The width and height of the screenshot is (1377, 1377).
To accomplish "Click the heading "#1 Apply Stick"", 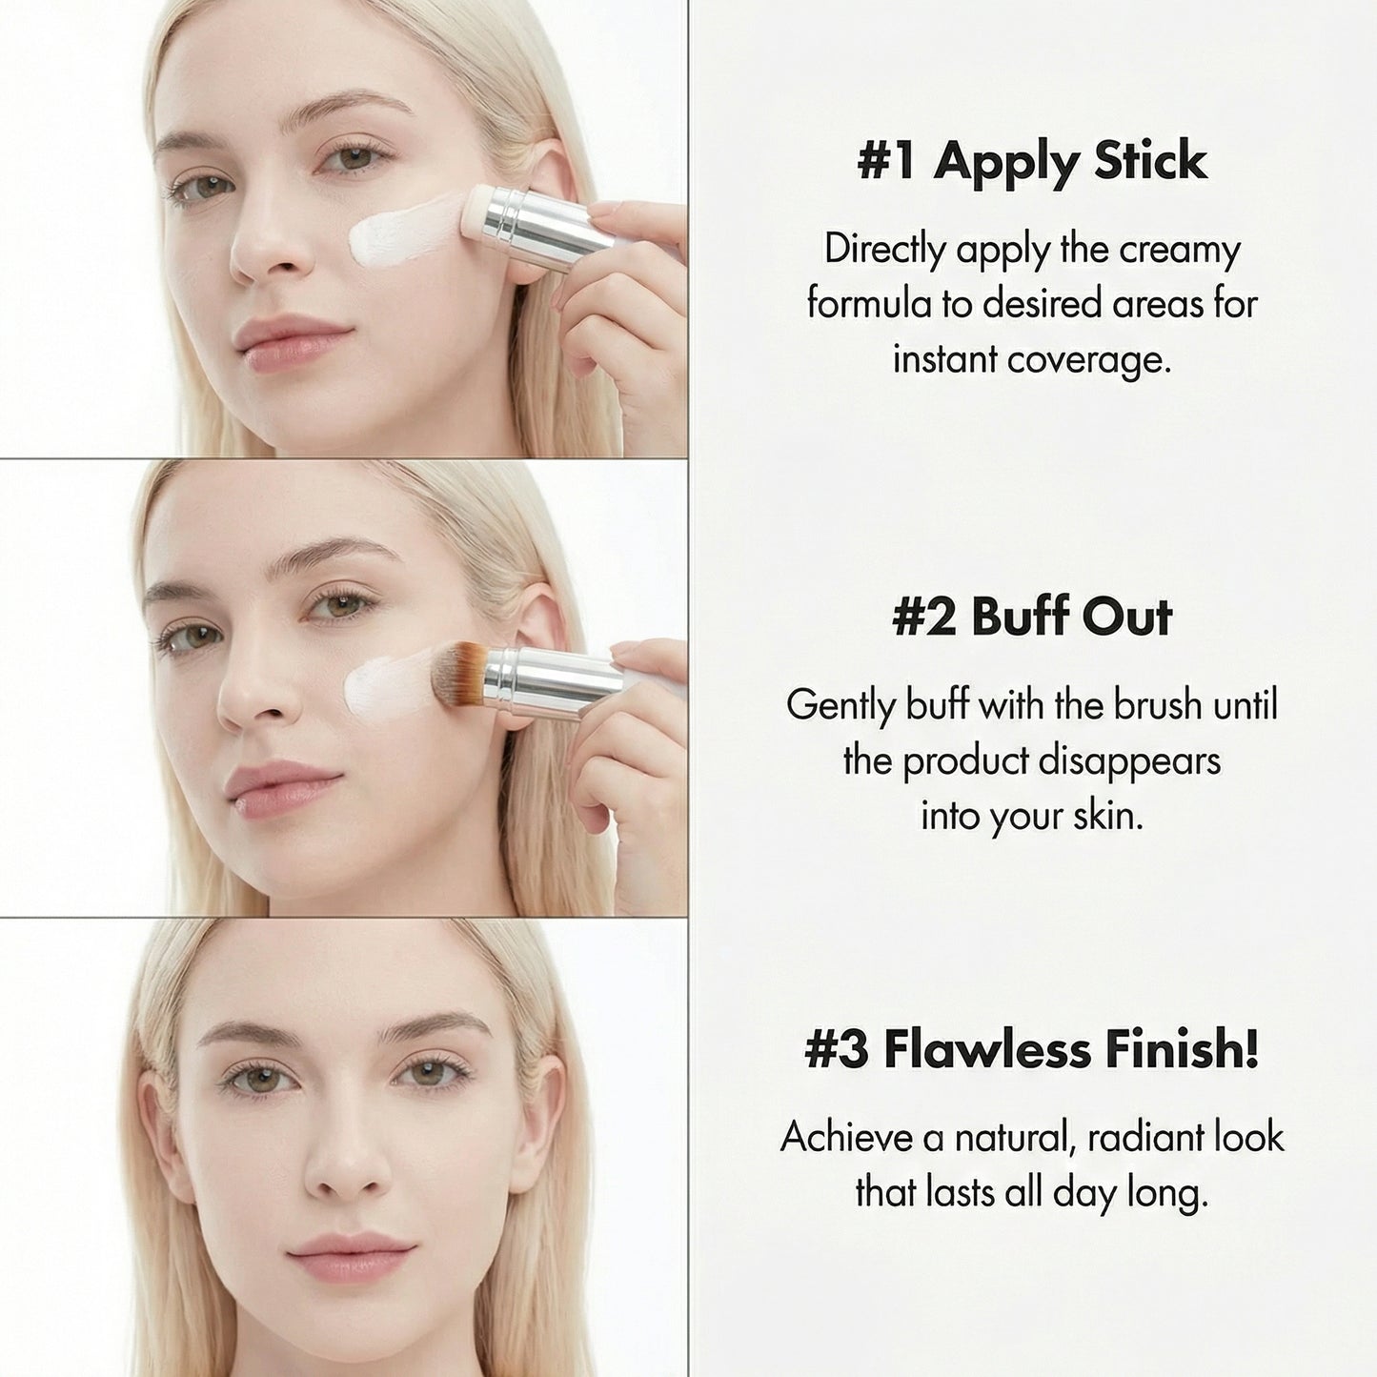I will coord(1032,161).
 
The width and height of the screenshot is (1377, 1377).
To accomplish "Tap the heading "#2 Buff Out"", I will coord(1032,617).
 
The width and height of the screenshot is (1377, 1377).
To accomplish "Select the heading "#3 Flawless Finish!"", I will coord(1032,1049).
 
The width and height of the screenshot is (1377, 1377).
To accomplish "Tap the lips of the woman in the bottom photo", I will coord(350,1258).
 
